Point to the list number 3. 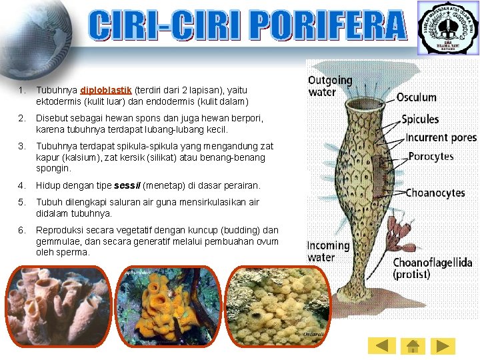tap(22, 146)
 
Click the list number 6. tap(22, 230)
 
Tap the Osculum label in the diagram tap(416, 97)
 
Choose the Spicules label tap(420, 119)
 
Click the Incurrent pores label tap(441, 138)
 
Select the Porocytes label tap(430, 157)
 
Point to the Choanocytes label tap(435, 193)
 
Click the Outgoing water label tap(329, 86)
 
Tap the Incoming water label tap(328, 251)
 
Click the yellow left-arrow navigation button tap(381, 345)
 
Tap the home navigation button tap(412, 345)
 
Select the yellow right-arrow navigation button tap(443, 345)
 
